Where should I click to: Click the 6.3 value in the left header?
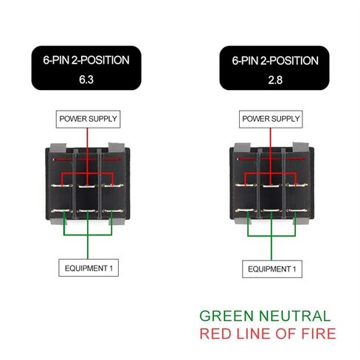click(x=86, y=80)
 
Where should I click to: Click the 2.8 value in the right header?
click(x=275, y=80)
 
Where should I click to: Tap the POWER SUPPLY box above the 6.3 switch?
click(x=88, y=119)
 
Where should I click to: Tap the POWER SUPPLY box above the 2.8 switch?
click(x=271, y=119)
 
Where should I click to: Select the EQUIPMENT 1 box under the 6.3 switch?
click(x=89, y=268)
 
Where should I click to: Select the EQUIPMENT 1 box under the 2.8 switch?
click(x=272, y=269)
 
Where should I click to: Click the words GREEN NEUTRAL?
click(x=265, y=316)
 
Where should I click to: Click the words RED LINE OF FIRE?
click(x=268, y=333)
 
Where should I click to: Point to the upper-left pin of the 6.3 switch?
click(x=61, y=186)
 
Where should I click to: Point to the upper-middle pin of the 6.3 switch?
click(x=87, y=186)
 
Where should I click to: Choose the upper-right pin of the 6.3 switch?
click(x=112, y=186)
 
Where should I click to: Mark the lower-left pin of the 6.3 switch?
click(x=60, y=211)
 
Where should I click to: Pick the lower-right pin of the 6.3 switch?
click(x=113, y=211)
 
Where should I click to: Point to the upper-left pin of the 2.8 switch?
click(x=245, y=185)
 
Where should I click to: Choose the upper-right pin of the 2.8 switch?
click(x=297, y=185)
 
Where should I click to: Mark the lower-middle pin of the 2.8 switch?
click(x=271, y=210)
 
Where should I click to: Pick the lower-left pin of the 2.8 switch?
click(x=245, y=210)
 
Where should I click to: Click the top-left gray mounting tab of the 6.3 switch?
click(x=58, y=148)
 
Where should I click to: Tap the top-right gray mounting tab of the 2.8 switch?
click(x=300, y=148)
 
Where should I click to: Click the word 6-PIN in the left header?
click(x=56, y=60)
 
